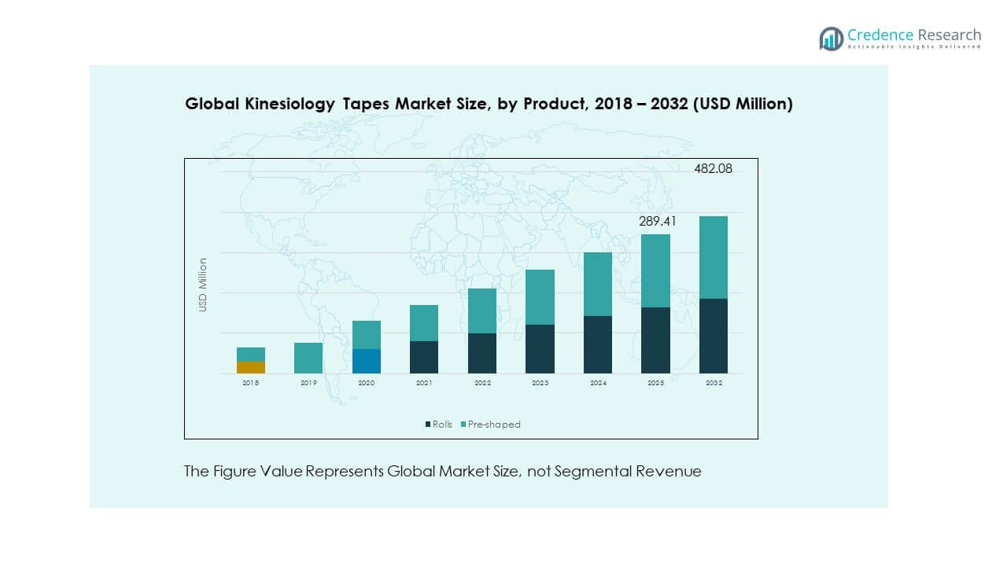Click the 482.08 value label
pos(714,168)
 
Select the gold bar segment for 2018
pos(251,367)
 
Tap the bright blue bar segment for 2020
pos(367,361)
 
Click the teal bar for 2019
pos(308,358)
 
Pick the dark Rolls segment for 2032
pos(714,336)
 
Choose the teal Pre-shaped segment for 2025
pos(655,270)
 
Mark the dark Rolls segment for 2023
pos(540,349)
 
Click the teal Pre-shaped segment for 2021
pos(424,323)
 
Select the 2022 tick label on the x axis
pos(482,383)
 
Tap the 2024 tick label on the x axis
pos(598,383)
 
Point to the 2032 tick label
pos(714,383)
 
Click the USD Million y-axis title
pos(203,285)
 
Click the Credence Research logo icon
pos(831,39)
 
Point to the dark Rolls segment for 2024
pos(598,344)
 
